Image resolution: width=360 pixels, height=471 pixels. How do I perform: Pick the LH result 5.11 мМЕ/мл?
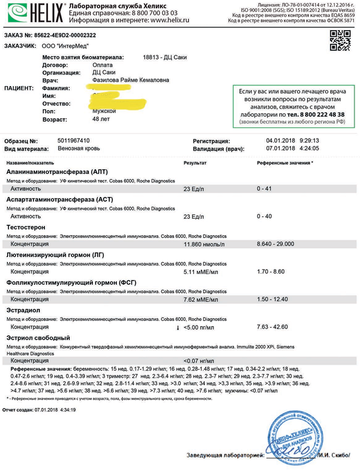click(202, 271)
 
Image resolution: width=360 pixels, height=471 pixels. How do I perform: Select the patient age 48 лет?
click(103, 119)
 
